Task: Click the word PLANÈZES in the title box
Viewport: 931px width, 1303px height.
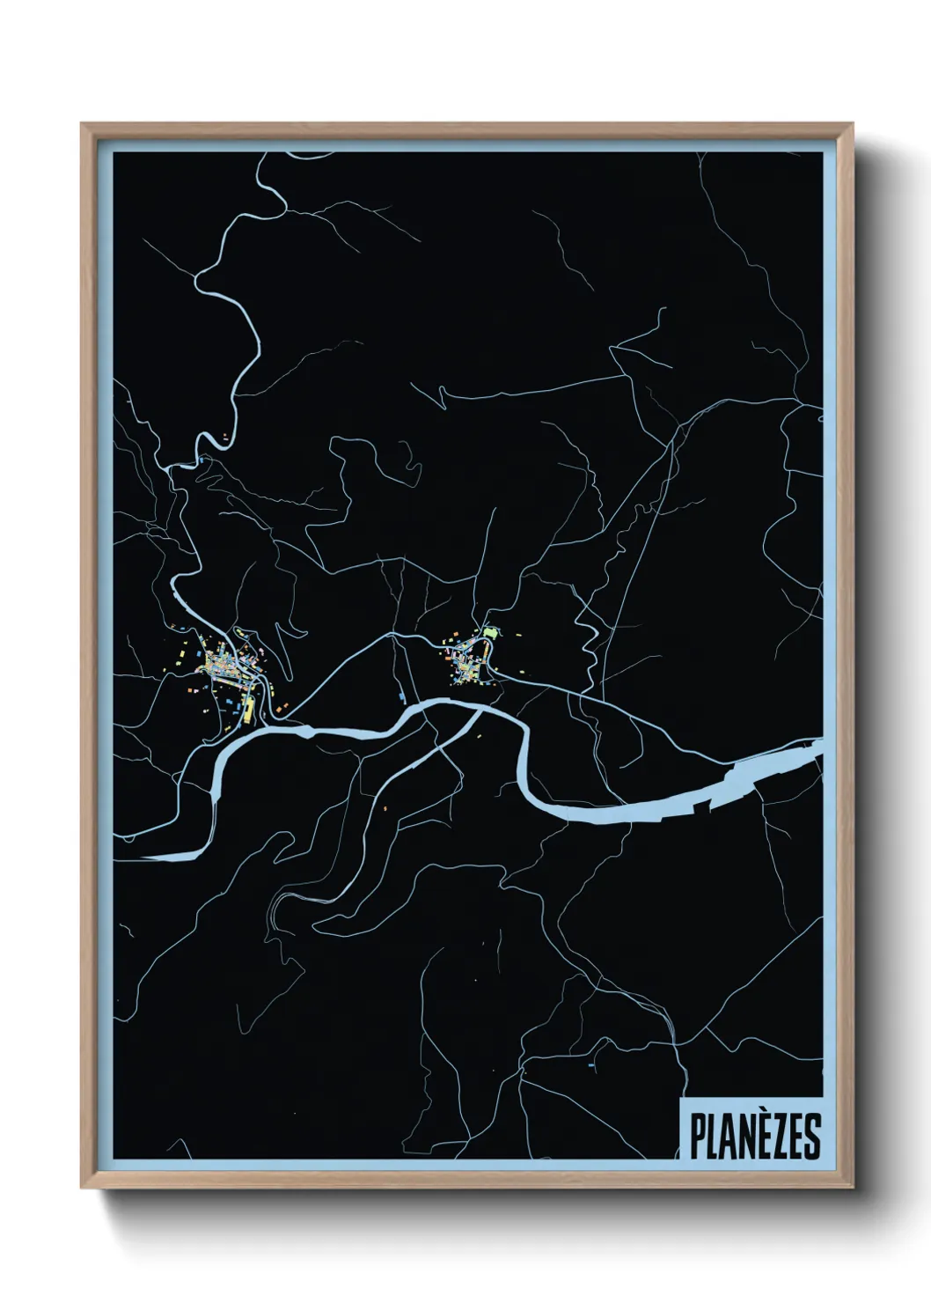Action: (755, 1137)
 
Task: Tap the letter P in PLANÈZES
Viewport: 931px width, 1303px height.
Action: (696, 1137)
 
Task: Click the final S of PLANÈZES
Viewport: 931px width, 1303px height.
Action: (813, 1137)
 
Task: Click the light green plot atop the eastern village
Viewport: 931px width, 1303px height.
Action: (490, 630)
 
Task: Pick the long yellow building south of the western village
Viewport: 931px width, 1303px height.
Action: (247, 709)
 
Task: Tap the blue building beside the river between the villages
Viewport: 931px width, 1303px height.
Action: (402, 698)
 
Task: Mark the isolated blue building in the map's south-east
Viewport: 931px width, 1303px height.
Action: (590, 1065)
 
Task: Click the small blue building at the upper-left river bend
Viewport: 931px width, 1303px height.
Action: (202, 459)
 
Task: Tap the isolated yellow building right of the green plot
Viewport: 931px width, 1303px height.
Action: (517, 632)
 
